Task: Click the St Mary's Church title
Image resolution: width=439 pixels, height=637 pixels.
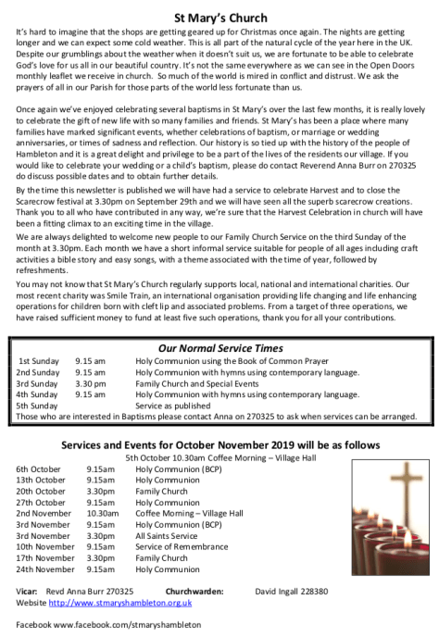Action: click(219, 17)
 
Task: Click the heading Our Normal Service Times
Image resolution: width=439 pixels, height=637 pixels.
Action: click(219, 345)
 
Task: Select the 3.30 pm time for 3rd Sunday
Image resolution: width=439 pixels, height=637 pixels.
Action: click(91, 381)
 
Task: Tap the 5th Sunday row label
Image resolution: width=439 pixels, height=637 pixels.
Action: click(38, 405)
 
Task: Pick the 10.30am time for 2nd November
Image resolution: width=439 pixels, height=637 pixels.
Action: click(103, 513)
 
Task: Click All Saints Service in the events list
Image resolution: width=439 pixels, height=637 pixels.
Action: click(166, 535)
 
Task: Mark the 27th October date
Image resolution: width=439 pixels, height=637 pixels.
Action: click(42, 502)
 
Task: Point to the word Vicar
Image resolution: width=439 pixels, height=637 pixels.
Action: click(29, 591)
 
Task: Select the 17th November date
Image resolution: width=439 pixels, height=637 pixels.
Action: click(45, 558)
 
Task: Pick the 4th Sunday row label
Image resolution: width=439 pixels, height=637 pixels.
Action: click(38, 393)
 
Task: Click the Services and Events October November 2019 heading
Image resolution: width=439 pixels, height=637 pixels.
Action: click(219, 443)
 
